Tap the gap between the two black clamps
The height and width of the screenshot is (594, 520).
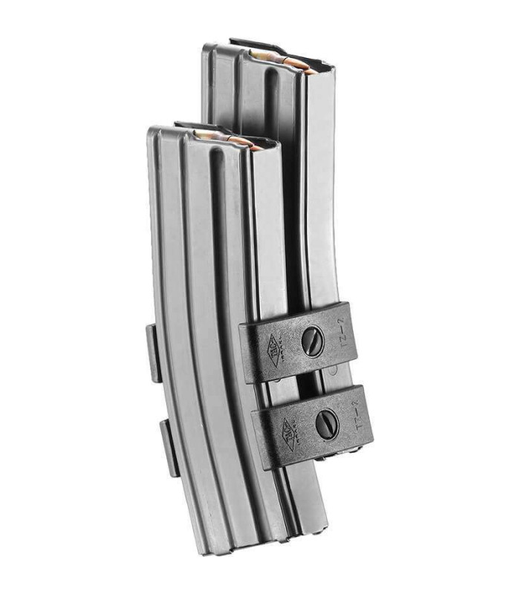tap(312, 382)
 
